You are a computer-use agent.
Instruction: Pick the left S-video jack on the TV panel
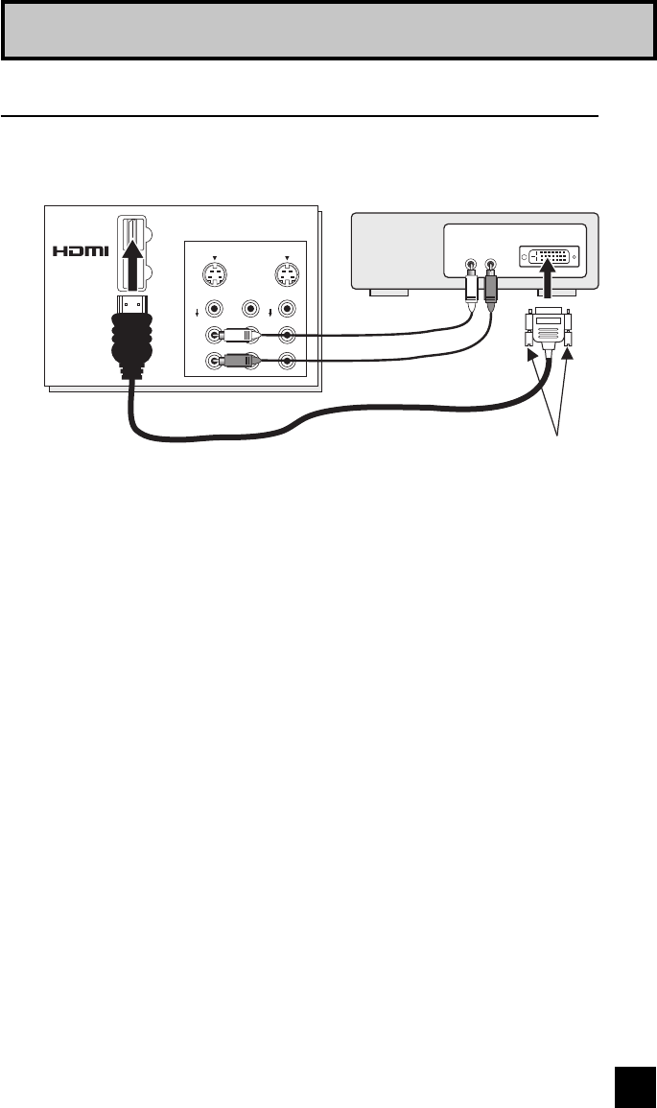point(215,276)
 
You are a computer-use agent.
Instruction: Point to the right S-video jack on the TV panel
point(286,276)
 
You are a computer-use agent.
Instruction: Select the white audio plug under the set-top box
point(470,288)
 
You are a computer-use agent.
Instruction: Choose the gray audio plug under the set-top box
point(491,288)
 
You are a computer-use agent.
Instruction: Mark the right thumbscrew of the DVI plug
point(568,331)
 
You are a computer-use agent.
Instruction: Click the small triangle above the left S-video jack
point(215,256)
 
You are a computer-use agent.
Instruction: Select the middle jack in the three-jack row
point(251,309)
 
